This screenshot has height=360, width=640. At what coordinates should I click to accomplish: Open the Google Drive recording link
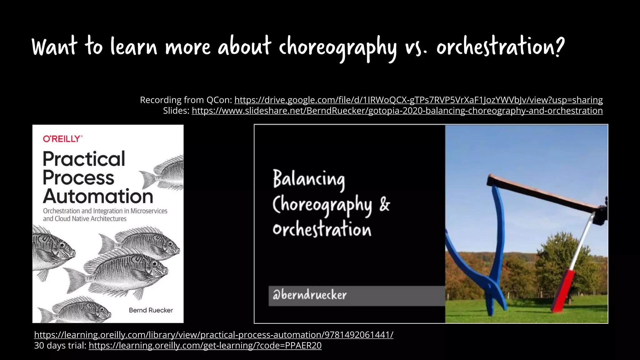[418, 100]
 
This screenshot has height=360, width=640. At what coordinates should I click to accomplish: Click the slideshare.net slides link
[397, 111]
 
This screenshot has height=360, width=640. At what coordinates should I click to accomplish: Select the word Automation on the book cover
[98, 197]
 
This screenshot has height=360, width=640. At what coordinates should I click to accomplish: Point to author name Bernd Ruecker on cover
[151, 310]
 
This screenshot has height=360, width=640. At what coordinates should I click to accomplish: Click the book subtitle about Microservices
[105, 215]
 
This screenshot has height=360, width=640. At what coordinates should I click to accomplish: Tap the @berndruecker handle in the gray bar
[309, 295]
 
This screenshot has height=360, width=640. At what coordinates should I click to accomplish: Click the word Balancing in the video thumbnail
[309, 179]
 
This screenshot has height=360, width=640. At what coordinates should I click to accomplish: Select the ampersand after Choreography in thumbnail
[385, 205]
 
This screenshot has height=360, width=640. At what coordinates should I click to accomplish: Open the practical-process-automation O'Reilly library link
[213, 335]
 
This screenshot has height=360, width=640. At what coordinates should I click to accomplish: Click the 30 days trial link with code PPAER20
[205, 346]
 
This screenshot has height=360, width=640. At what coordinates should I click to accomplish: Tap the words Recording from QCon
[186, 100]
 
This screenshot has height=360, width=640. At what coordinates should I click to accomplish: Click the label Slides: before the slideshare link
[176, 111]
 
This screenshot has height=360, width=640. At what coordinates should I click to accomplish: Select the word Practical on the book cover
[84, 159]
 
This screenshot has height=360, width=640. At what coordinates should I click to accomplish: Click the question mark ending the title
[560, 46]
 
